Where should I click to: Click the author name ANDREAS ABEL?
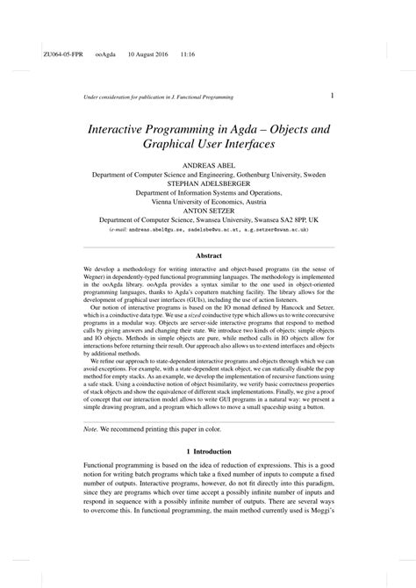pos(208,165)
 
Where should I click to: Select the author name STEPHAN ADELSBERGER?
pos(208,184)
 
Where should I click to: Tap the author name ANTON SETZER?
pos(208,210)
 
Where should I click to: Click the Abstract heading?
pos(208,255)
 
